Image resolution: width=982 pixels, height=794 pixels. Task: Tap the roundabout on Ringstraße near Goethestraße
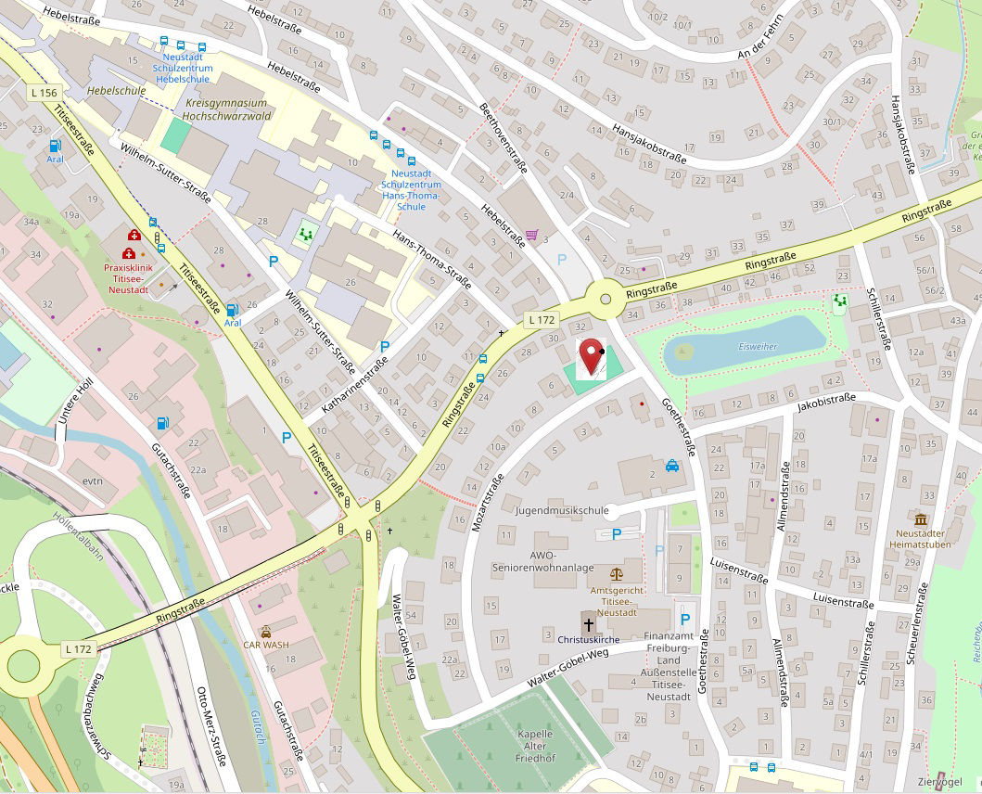click(x=606, y=299)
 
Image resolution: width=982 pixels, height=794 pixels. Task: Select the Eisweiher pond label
click(x=758, y=346)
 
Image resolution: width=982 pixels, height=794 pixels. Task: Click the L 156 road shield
click(x=44, y=93)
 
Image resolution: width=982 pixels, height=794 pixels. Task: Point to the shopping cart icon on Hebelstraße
click(x=531, y=236)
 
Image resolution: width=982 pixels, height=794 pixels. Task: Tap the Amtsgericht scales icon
click(x=617, y=573)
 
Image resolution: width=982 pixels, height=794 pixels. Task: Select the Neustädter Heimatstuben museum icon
click(x=920, y=519)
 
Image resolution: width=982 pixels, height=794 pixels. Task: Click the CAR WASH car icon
click(x=266, y=631)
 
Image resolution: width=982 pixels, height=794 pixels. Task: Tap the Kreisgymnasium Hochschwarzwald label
click(x=226, y=110)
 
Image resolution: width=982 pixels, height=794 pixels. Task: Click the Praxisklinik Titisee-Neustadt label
click(x=126, y=278)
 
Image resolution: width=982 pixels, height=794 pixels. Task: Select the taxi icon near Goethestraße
click(x=671, y=466)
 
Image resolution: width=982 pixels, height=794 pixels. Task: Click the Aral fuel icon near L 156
click(x=55, y=146)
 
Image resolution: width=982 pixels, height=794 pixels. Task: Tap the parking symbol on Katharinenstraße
click(x=385, y=346)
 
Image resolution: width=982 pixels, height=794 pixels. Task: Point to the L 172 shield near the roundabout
click(x=541, y=319)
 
